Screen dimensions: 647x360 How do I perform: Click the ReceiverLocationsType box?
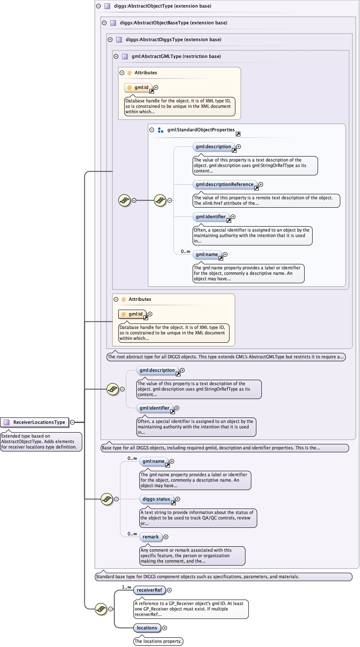pos(39,422)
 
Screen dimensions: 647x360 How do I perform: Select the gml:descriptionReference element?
pos(224,184)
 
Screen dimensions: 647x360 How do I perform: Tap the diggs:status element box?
pos(156,499)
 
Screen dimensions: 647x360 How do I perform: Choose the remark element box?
pos(151,537)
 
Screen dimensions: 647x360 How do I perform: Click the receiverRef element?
pos(149,590)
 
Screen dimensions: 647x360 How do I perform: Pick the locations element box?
pos(147,628)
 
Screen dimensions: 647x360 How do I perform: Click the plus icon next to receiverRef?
pos(170,590)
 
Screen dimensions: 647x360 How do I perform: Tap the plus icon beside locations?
pos(164,628)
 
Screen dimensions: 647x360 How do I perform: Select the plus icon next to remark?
pos(166,537)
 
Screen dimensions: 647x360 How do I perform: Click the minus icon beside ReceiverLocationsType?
pos(73,423)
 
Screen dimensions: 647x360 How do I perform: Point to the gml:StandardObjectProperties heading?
pos(201,130)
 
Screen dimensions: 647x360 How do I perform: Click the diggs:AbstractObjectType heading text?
pos(162,6)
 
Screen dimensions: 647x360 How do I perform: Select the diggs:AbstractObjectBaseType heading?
pos(173,23)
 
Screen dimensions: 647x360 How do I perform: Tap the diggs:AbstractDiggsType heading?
pos(173,40)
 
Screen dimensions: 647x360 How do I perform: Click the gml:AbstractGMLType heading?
pos(176,56)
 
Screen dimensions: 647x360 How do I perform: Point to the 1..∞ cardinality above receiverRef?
pos(126,587)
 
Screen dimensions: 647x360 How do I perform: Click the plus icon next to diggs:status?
pos(178,499)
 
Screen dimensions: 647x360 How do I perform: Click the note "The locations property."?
pos(159,641)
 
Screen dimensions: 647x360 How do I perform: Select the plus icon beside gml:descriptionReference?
pos(261,184)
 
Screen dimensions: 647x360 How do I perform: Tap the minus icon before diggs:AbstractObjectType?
pos(98,6)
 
